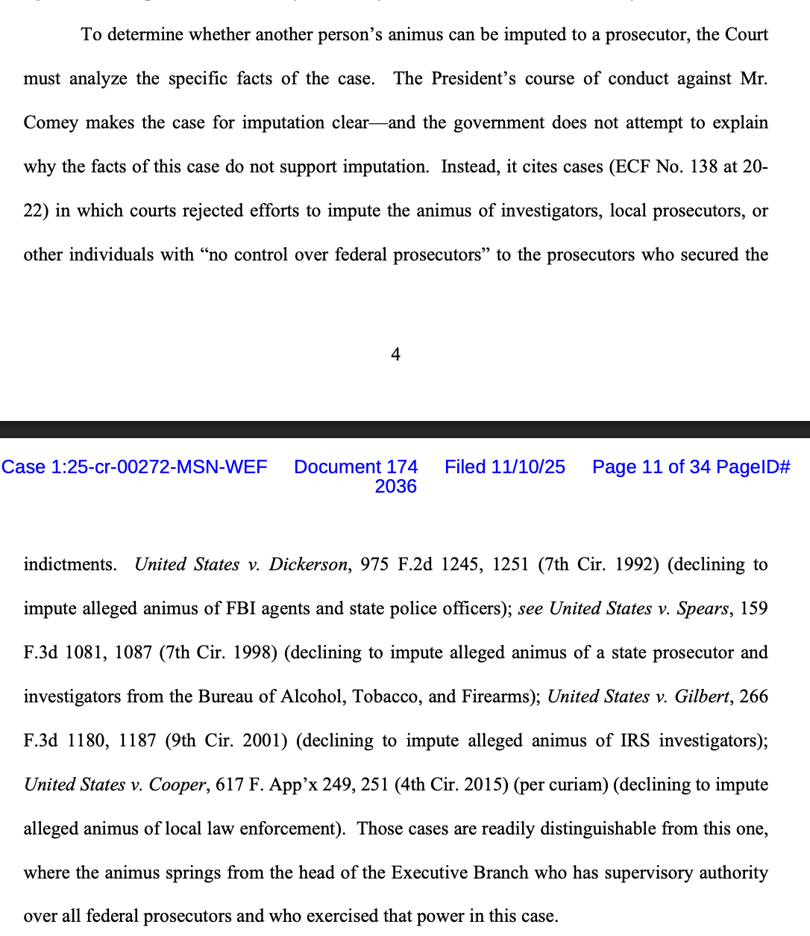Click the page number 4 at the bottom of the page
click(395, 355)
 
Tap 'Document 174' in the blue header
click(356, 467)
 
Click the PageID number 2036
click(395, 487)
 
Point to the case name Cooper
click(177, 784)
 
